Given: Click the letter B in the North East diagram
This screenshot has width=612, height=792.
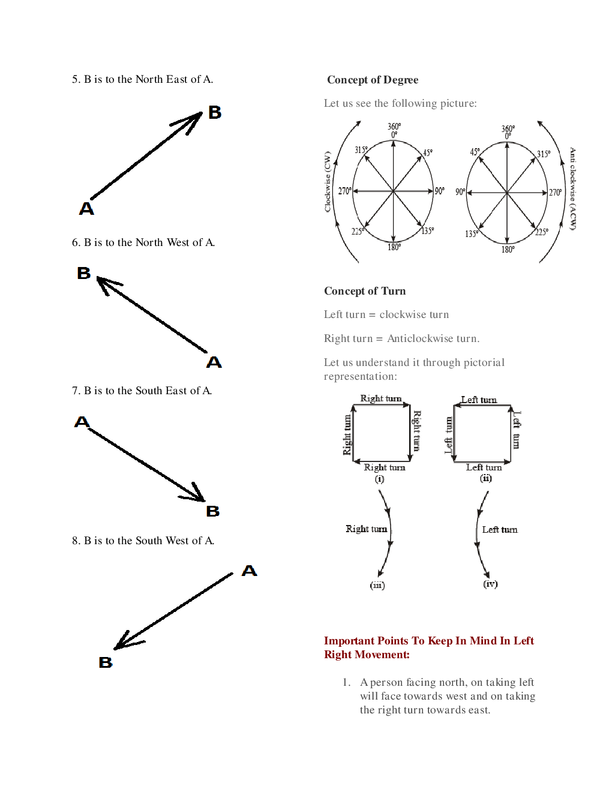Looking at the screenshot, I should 215,112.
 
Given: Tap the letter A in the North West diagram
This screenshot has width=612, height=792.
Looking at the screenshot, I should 214,362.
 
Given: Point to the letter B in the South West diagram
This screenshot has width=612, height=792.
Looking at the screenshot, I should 106,662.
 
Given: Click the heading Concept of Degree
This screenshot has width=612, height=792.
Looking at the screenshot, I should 373,80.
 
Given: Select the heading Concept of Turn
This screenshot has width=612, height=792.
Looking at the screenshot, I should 365,291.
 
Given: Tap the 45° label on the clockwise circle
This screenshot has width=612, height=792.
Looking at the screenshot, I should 428,152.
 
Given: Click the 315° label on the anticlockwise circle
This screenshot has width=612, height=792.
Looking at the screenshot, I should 544,154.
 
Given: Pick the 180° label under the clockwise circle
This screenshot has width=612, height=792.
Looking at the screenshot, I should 394,247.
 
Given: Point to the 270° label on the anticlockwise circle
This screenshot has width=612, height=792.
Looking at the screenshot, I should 556,193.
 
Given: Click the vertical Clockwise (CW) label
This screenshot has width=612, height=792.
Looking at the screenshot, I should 328,181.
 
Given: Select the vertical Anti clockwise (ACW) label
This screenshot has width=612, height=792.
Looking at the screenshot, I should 573,188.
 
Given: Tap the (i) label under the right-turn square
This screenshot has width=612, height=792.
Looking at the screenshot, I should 380,479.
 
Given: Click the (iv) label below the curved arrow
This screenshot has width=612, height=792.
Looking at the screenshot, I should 490,584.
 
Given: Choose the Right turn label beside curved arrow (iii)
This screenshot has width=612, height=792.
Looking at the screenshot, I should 366,529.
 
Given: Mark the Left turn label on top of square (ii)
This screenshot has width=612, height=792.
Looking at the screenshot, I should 479,400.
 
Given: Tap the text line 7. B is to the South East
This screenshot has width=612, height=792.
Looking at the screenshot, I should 142,391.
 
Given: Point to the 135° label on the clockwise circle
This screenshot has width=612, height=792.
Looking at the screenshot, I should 428,231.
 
